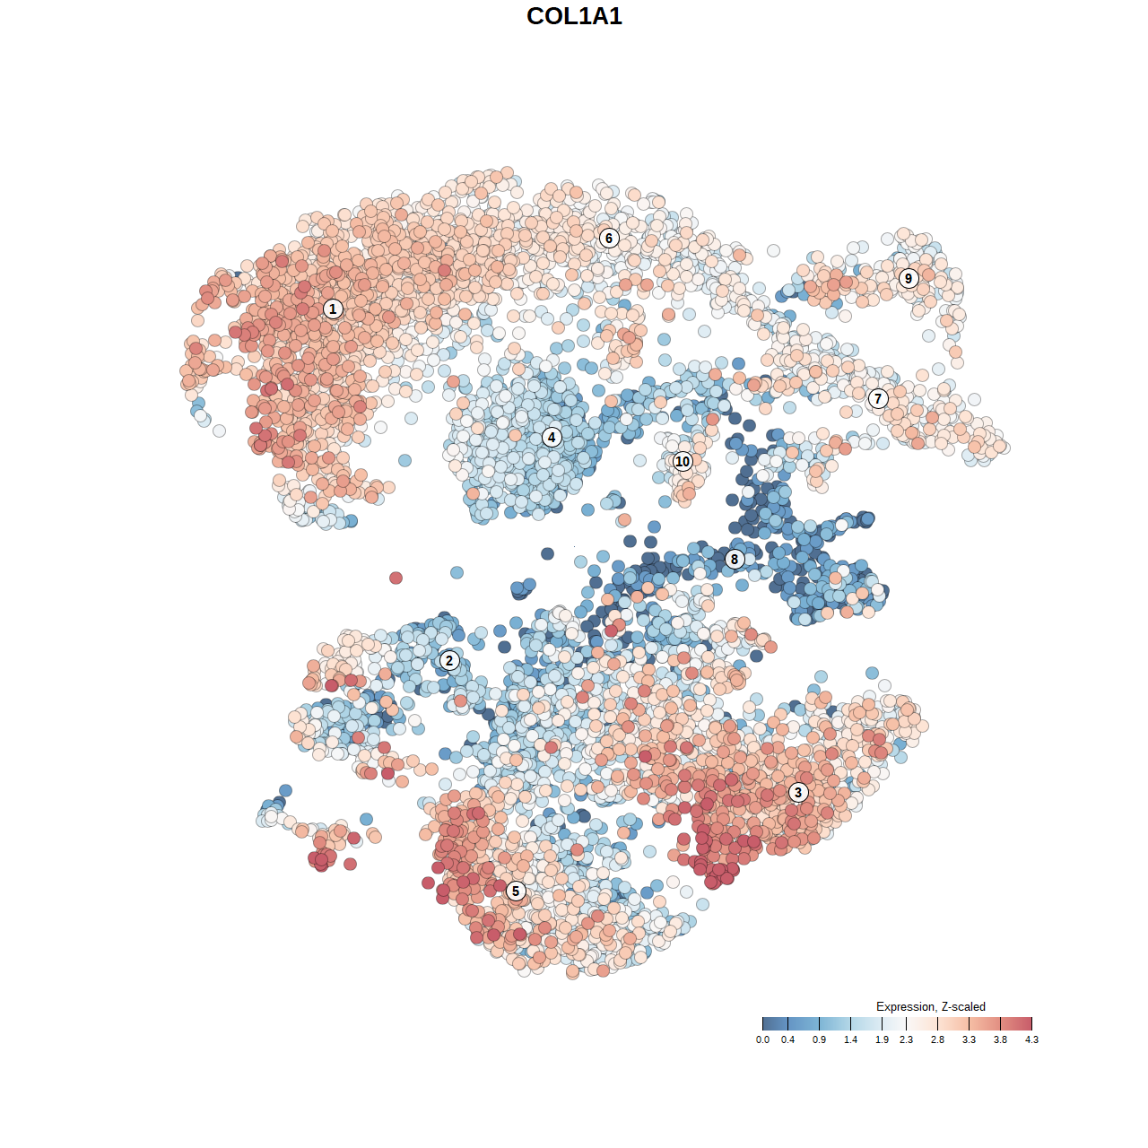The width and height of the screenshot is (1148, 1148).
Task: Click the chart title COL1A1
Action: point(574,16)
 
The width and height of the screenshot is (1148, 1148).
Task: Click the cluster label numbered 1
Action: point(333,309)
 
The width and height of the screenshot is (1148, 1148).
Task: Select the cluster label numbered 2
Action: point(449,662)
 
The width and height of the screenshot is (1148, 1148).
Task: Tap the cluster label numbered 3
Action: point(798,793)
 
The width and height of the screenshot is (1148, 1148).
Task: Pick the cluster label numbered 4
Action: point(552,438)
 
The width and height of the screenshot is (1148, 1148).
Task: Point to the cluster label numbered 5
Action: point(516,891)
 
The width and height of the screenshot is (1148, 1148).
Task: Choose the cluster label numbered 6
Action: point(609,239)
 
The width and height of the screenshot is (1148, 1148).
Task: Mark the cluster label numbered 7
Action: point(878,399)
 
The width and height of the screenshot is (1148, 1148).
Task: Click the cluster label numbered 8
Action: point(735,560)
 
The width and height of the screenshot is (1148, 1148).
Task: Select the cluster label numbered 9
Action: point(909,279)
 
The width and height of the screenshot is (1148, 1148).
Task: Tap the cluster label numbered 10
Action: point(683,462)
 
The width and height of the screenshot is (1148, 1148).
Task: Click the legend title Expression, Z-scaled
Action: point(930,1006)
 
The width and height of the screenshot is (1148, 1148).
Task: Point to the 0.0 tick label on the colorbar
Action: point(762,1040)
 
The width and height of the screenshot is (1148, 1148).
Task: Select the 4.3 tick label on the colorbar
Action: point(1031,1040)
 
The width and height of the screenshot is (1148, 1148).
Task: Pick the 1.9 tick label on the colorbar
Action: point(883,1040)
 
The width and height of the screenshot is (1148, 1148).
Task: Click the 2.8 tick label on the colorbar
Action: point(937,1040)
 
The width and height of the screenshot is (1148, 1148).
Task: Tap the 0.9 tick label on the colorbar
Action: point(819,1040)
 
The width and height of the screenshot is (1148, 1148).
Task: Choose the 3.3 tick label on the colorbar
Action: point(969,1040)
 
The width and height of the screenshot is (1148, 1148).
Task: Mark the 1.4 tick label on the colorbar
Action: point(850,1040)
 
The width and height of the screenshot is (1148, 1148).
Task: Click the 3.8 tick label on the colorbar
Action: point(1000,1040)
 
